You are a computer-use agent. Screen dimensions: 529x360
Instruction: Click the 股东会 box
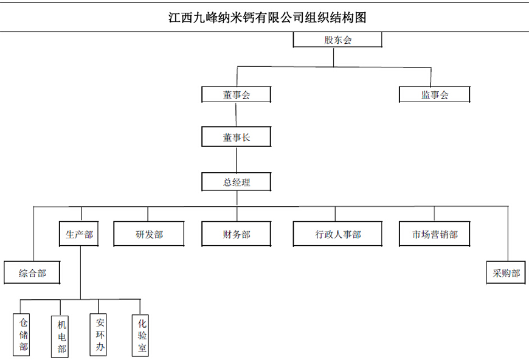pyautogui.click(x=337, y=40)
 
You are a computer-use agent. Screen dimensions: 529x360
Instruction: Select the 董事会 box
pyautogui.click(x=236, y=94)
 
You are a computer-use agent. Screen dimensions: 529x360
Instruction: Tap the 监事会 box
pyautogui.click(x=435, y=94)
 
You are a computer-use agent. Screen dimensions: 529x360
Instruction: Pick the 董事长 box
pyautogui.click(x=236, y=137)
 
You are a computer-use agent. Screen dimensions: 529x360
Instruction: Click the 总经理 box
pyautogui.click(x=236, y=182)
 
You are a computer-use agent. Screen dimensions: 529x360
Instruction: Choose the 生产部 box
pyautogui.click(x=79, y=234)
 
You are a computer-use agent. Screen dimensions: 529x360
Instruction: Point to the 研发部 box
pyautogui.click(x=149, y=234)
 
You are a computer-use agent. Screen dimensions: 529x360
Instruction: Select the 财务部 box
pyautogui.click(x=236, y=234)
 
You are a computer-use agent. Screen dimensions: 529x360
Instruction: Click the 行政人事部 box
pyautogui.click(x=337, y=234)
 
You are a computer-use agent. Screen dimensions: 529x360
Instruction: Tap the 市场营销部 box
pyautogui.click(x=435, y=234)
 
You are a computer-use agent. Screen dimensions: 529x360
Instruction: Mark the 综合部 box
pyautogui.click(x=32, y=272)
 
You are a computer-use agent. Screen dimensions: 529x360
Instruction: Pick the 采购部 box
pyautogui.click(x=506, y=272)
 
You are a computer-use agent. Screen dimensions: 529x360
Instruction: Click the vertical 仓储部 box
pyautogui.click(x=21, y=334)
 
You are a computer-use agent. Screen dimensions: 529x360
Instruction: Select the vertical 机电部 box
pyautogui.click(x=60, y=337)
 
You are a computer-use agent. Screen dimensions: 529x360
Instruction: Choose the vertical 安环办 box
pyautogui.click(x=98, y=334)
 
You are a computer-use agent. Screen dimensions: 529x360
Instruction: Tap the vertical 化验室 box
pyautogui.click(x=140, y=336)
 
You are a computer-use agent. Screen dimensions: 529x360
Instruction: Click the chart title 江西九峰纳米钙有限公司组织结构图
pyautogui.click(x=267, y=18)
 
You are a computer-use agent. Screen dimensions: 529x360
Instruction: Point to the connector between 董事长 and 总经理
pyautogui.click(x=236, y=160)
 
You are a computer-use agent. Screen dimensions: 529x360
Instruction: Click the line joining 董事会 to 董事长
pyautogui.click(x=236, y=114)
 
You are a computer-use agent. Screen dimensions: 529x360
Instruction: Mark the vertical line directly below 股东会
pyautogui.click(x=334, y=57)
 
